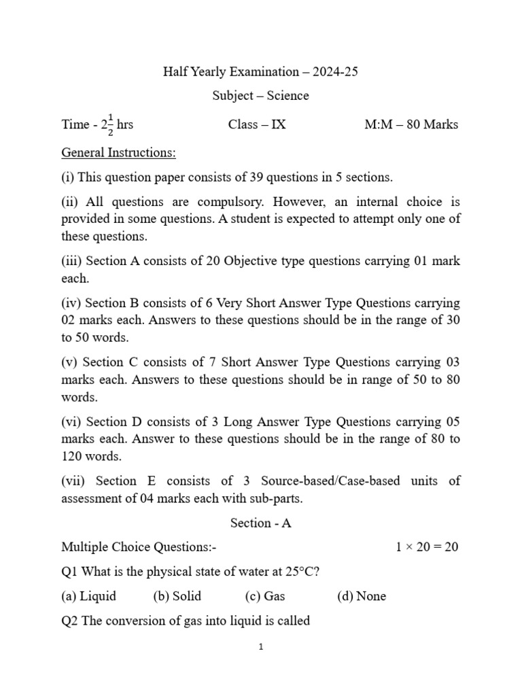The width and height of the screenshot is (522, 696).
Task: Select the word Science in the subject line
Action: click(x=288, y=96)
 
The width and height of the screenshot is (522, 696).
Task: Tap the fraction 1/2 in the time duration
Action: click(x=110, y=124)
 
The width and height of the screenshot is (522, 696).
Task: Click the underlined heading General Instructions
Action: click(x=118, y=153)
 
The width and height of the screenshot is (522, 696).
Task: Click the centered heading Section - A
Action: click(x=261, y=523)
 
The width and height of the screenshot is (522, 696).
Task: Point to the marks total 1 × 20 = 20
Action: click(x=427, y=547)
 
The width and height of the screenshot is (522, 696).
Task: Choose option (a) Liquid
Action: click(x=88, y=596)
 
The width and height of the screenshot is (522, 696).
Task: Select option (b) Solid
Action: click(x=177, y=596)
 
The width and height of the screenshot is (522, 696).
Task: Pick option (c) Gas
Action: click(x=265, y=596)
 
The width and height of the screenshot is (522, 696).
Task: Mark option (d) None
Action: click(x=361, y=596)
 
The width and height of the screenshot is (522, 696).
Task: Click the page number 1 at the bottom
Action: click(x=261, y=647)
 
